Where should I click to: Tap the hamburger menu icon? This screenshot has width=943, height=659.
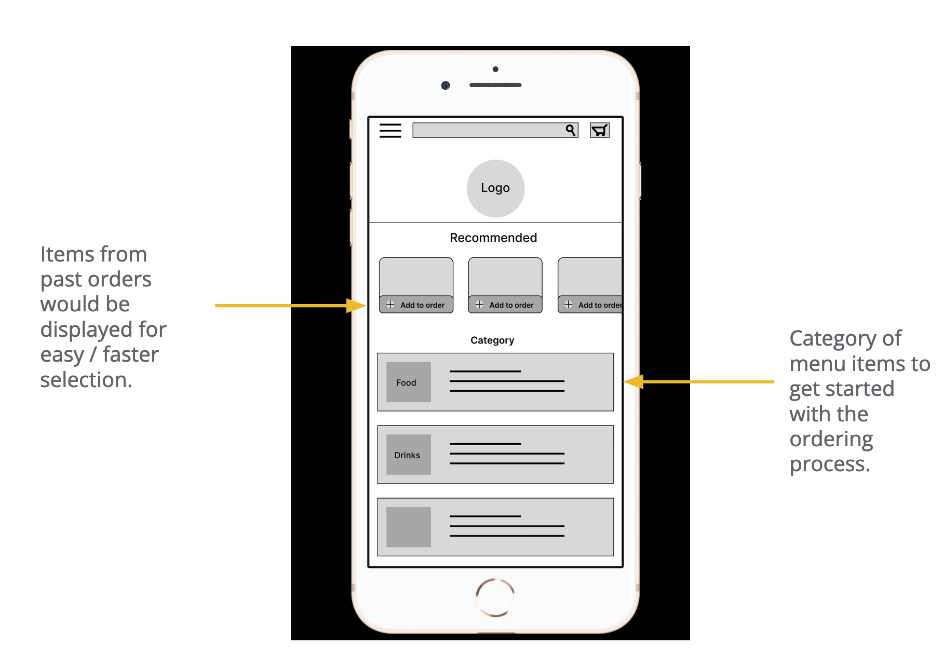pyautogui.click(x=390, y=130)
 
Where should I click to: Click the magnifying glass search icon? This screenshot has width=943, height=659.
pyautogui.click(x=571, y=130)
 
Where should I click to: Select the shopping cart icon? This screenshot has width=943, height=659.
pyautogui.click(x=599, y=130)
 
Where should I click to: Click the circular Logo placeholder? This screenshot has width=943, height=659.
pyautogui.click(x=495, y=188)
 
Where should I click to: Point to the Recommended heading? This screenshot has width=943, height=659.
pyautogui.click(x=493, y=238)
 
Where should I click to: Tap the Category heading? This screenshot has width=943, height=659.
pyautogui.click(x=492, y=340)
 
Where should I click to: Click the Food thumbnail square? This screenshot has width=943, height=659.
pyautogui.click(x=408, y=382)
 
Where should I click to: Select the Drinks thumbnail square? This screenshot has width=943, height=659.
pyautogui.click(x=408, y=455)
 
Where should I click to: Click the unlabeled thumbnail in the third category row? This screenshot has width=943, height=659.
pyautogui.click(x=408, y=527)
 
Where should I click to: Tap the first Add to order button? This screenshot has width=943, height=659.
pyautogui.click(x=416, y=305)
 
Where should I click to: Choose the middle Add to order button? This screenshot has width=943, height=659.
pyautogui.click(x=505, y=305)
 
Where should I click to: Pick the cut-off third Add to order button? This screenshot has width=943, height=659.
pyautogui.click(x=591, y=305)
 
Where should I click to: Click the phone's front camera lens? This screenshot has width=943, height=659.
pyautogui.click(x=446, y=85)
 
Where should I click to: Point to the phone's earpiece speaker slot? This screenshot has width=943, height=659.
pyautogui.click(x=495, y=85)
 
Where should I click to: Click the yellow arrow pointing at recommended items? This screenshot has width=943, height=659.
pyautogui.click(x=291, y=306)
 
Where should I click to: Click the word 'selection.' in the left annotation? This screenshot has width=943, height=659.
pyautogui.click(x=86, y=380)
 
